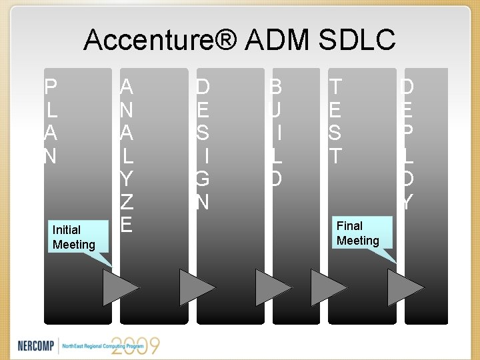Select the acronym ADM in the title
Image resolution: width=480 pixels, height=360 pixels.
click(278, 41)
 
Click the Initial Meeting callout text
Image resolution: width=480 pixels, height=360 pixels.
click(73, 237)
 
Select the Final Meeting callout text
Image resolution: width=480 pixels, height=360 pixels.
click(358, 233)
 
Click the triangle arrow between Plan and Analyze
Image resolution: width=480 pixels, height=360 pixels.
click(121, 287)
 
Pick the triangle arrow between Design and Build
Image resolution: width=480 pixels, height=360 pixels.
click(273, 287)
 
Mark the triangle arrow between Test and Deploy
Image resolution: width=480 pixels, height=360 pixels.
click(405, 287)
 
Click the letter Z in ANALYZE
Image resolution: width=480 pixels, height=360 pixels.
click(126, 201)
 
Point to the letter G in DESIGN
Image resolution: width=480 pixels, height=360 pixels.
click(203, 179)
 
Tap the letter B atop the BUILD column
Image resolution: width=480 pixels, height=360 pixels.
click(275, 87)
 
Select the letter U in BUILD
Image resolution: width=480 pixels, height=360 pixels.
click(275, 109)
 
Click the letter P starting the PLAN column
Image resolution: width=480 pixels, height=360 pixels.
click(51, 87)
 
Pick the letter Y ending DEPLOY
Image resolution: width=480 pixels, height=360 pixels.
click(407, 201)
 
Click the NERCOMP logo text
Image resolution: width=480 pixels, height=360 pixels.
click(37, 345)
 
